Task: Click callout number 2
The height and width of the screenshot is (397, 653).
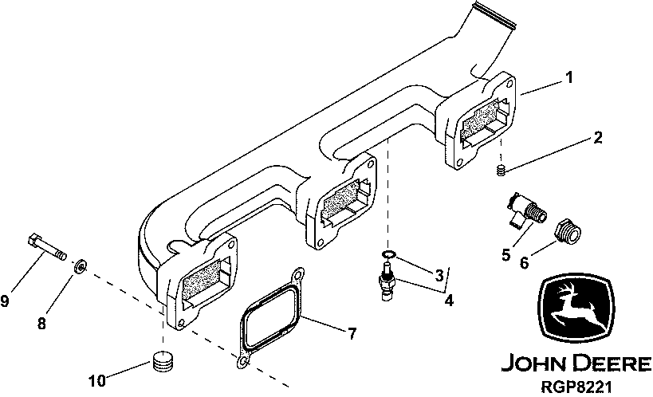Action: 597,138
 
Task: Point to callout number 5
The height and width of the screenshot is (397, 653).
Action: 505,255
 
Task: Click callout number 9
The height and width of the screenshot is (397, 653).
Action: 5,301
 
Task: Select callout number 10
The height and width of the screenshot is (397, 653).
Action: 96,381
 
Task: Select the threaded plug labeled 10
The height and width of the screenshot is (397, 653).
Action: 163,363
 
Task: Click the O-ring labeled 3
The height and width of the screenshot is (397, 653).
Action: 386,254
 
